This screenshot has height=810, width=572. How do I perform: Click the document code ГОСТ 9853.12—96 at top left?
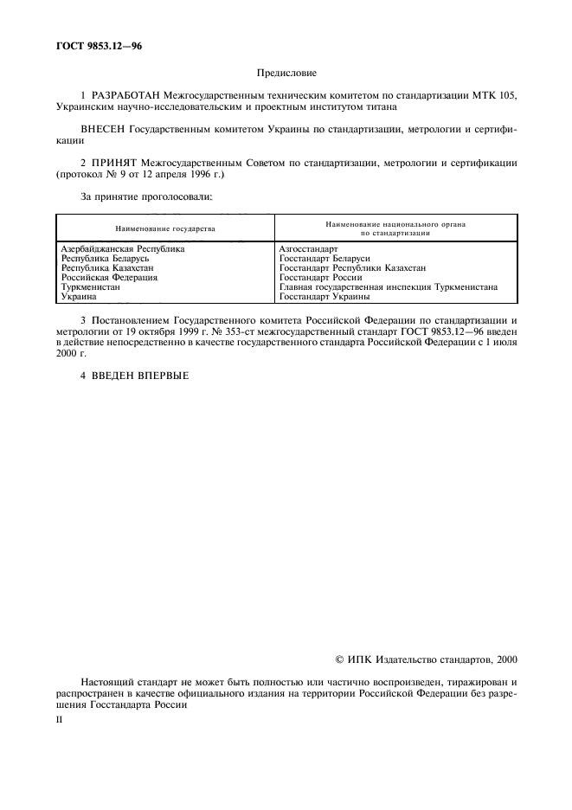(x=100, y=46)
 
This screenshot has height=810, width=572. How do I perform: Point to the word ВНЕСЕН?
(x=102, y=127)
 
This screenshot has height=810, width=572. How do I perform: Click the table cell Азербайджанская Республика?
(x=123, y=249)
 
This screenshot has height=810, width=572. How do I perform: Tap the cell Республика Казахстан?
(x=109, y=268)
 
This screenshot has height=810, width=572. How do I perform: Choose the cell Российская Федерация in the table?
(x=108, y=278)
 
